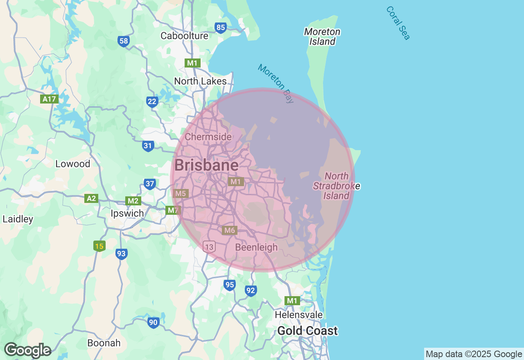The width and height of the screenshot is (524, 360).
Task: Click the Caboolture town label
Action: [184, 36]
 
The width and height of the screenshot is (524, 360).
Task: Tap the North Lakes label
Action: [200, 81]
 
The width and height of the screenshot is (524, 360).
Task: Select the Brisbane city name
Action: [206, 165]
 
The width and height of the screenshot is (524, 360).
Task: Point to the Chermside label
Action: [208, 137]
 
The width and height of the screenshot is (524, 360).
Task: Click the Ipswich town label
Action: [127, 213]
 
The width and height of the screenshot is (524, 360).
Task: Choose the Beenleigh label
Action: [256, 247]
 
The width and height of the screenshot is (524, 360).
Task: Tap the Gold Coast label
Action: [307, 331]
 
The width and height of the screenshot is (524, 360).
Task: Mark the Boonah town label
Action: [104, 343]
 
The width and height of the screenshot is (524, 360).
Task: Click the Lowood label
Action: [72, 164]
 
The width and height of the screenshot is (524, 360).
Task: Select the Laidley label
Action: [18, 219]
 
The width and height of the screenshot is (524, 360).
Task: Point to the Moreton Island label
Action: [322, 36]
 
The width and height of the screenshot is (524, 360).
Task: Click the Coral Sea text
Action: [398, 23]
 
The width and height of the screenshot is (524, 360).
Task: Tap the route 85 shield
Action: [221, 28]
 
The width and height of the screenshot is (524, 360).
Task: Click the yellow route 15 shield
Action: [99, 246]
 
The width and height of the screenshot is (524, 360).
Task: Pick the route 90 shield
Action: [153, 322]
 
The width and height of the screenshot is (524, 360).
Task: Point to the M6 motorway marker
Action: [229, 230]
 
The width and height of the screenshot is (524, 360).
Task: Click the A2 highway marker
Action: [91, 198]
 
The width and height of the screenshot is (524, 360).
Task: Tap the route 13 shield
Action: [209, 247]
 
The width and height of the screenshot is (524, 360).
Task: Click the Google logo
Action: [27, 350]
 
